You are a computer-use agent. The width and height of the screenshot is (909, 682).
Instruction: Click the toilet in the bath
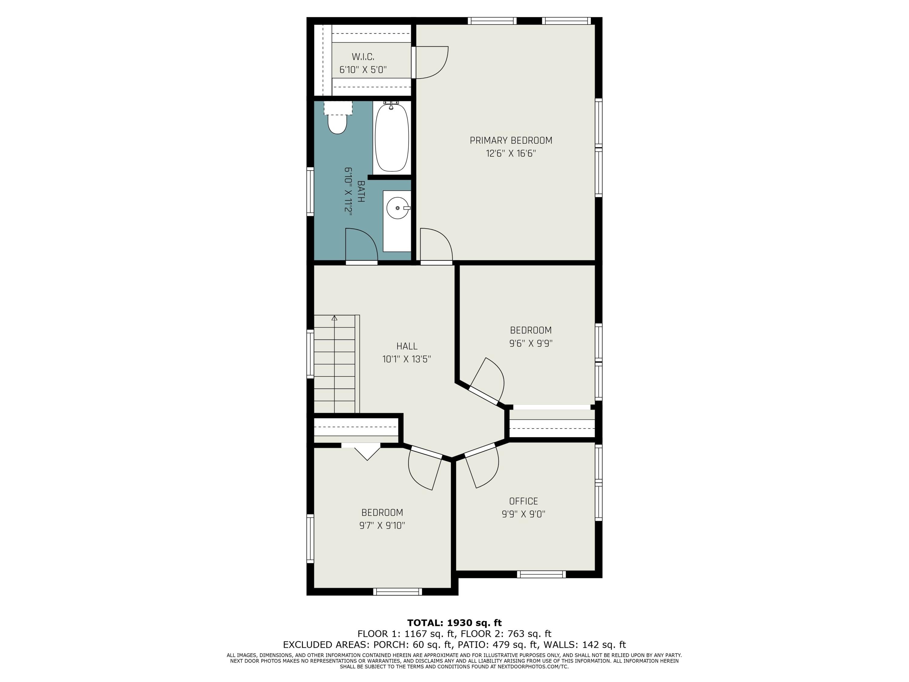point(337,122)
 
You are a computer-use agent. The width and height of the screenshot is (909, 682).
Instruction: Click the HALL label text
point(407,346)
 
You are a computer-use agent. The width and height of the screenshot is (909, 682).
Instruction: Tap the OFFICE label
point(523,501)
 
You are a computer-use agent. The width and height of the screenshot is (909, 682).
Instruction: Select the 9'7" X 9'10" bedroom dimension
point(382,525)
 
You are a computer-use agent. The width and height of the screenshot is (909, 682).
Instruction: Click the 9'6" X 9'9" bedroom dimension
point(531,343)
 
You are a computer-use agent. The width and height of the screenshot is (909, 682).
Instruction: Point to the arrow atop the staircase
point(335,318)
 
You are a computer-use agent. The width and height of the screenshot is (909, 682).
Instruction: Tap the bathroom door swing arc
point(361,245)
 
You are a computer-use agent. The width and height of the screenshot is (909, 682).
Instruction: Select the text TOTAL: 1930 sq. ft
point(454,623)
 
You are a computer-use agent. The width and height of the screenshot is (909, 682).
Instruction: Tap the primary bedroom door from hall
point(436,246)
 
